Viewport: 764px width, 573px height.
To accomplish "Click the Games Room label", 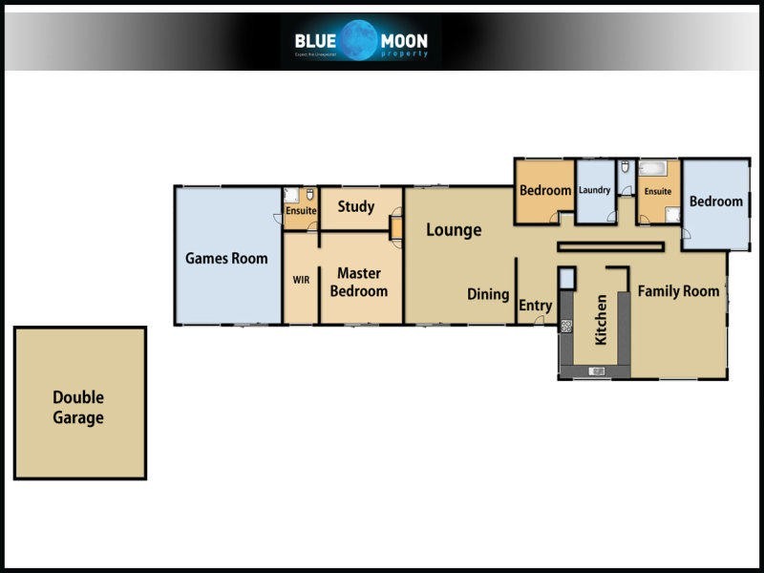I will click(x=226, y=258).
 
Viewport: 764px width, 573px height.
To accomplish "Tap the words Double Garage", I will click(x=78, y=408).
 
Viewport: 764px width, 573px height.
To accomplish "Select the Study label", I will click(x=356, y=206).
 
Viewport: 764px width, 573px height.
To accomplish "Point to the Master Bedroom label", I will click(x=359, y=282).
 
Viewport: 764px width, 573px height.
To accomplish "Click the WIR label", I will click(x=301, y=281).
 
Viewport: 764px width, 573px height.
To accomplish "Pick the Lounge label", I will click(x=454, y=230).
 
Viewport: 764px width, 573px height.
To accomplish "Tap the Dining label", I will click(x=488, y=294).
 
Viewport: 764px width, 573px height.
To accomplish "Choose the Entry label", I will click(x=535, y=307).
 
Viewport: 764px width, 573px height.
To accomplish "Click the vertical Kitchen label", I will click(x=601, y=320).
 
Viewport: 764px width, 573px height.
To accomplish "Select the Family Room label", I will click(x=678, y=291).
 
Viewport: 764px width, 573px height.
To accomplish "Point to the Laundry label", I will click(x=594, y=190).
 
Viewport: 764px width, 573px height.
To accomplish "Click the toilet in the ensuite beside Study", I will click(x=310, y=193).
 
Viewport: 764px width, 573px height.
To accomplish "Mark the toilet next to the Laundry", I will click(x=625, y=168).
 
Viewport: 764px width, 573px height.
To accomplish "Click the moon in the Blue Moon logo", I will click(x=362, y=41).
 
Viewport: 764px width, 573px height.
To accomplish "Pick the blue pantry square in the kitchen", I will click(x=566, y=279).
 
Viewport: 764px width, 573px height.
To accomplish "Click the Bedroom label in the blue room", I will click(x=715, y=202).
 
